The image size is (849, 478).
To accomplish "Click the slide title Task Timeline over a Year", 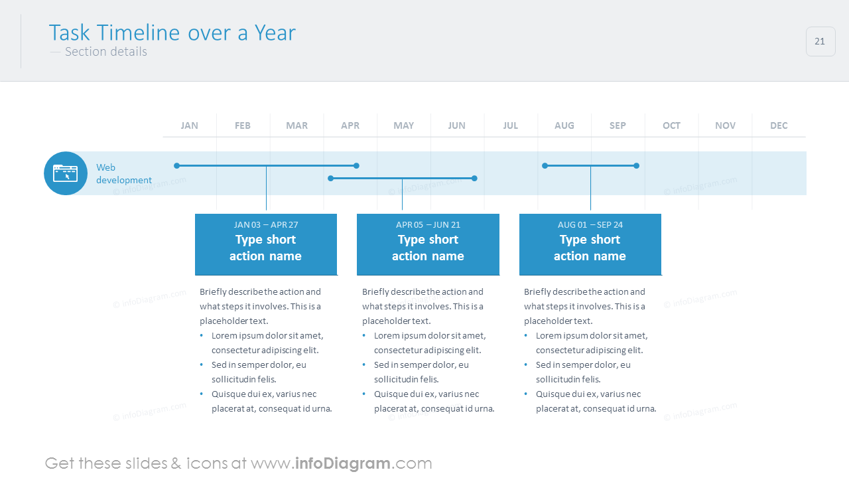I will pos(172,33).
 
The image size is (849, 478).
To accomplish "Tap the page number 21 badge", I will pos(820,41).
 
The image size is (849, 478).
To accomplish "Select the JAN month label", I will pos(189,125).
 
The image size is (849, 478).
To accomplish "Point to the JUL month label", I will pos(510,125).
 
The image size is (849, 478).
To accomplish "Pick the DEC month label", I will pos(779,125).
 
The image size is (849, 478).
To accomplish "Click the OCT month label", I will pos(671,125).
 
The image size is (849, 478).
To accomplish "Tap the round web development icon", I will pos(66,173).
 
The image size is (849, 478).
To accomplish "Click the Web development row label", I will pos(124,174).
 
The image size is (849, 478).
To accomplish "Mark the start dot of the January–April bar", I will pos(176,165).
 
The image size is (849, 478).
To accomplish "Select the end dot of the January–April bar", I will pos(356,165).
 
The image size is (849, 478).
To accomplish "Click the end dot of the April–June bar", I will pos(474,178).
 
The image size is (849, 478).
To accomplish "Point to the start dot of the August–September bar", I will pos(545,165).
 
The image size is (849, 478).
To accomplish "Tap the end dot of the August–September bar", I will pos(636,165).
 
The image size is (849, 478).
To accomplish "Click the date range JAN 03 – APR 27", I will pos(266,224).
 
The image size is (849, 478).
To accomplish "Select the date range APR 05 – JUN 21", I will pos(428,224).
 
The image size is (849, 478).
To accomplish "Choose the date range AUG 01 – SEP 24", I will pos(590,224).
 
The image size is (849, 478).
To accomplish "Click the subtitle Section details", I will pos(106,52).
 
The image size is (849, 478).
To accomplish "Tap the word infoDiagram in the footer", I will pos(342,463).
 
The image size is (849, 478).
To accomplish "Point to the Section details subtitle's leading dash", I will pos(55,52).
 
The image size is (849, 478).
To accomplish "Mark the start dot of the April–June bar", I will pos(330,178).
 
